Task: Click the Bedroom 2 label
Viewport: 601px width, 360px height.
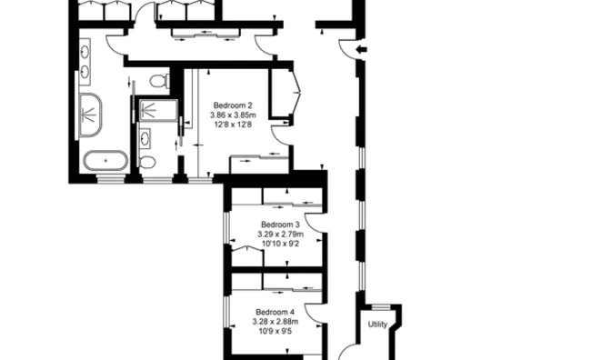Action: pyautogui.click(x=233, y=105)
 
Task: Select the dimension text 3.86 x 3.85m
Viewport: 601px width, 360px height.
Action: pyautogui.click(x=233, y=115)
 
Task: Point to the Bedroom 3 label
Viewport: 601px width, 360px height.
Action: pyautogui.click(x=280, y=225)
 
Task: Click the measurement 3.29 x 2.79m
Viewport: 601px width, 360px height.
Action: pyautogui.click(x=280, y=234)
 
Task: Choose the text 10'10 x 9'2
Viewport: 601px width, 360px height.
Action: pyautogui.click(x=280, y=243)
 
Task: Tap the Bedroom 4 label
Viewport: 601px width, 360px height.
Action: pyautogui.click(x=274, y=312)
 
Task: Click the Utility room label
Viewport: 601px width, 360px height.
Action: pyautogui.click(x=377, y=324)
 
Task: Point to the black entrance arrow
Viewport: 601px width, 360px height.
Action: pyautogui.click(x=362, y=49)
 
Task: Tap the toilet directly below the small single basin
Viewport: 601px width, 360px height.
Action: pyautogui.click(x=148, y=162)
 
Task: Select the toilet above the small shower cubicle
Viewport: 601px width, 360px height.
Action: pyautogui.click(x=158, y=82)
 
